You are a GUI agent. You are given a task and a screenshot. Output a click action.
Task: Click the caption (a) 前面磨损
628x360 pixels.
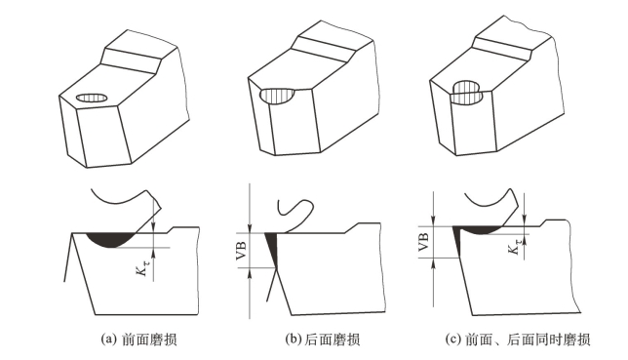coord(138,340)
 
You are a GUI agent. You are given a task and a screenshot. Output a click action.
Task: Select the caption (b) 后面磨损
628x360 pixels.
coord(323,340)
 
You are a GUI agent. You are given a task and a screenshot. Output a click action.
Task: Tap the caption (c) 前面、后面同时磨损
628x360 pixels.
coord(518,340)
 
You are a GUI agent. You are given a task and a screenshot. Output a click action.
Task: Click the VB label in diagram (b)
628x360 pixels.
coord(242,251)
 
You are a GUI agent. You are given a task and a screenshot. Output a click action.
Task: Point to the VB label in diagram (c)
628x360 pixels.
coord(424,242)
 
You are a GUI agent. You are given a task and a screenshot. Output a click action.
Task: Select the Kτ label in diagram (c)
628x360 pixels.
coord(514,245)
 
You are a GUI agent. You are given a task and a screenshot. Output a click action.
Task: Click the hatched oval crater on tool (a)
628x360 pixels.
coord(92,98)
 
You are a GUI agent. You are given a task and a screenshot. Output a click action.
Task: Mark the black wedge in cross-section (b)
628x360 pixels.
coord(272,249)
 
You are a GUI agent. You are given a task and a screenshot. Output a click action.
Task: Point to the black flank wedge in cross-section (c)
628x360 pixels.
coord(457,241)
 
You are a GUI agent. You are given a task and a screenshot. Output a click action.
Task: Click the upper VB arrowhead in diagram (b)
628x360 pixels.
coord(249,229)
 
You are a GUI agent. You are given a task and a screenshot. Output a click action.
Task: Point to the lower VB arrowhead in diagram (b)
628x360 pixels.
coord(249,273)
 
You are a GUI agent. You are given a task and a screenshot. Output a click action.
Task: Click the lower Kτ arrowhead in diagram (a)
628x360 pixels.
coord(153,252)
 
